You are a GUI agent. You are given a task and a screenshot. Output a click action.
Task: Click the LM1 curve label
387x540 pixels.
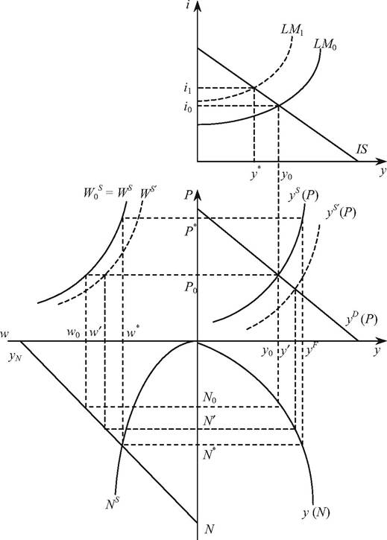[x=290, y=30]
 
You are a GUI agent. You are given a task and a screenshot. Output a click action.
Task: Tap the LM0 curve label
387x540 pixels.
[x=325, y=45]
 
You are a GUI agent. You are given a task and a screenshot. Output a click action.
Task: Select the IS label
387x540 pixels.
[x=362, y=149]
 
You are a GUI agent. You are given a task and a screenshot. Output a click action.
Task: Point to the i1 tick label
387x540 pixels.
[x=187, y=89]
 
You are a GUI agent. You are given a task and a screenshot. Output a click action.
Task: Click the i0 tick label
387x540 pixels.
[x=188, y=108]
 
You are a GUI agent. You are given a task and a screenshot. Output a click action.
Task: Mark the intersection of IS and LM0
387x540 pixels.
[x=278, y=105]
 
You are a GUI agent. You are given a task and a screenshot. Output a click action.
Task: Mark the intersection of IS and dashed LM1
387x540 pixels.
[x=254, y=88]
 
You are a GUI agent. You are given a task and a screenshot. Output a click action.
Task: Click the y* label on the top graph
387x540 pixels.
[x=255, y=175]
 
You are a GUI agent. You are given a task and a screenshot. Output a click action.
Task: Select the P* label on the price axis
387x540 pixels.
[x=189, y=231]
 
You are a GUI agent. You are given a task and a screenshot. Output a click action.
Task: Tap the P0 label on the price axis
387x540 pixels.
[x=190, y=288]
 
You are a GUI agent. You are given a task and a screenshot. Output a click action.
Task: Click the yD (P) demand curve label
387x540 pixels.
[x=361, y=320]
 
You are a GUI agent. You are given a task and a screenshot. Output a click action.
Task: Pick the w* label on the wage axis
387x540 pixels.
[x=133, y=333]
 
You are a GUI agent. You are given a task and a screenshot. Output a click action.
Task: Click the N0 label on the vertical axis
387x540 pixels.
[x=210, y=398]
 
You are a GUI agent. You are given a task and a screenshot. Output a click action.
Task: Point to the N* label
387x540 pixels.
[x=207, y=454]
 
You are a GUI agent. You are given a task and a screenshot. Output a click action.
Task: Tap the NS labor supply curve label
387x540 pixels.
[x=113, y=504]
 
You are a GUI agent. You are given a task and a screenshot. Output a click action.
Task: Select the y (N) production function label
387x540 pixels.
[x=316, y=512]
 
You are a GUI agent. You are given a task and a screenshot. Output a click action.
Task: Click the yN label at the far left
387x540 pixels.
[x=16, y=357]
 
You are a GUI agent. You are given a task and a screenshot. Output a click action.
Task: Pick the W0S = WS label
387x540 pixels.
[x=107, y=192]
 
